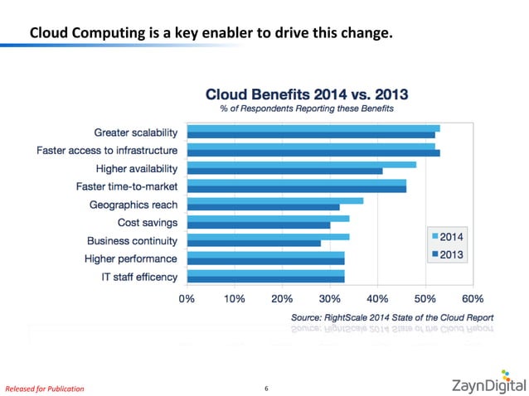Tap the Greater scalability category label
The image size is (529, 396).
tap(135, 132)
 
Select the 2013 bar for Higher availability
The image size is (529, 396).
tap(284, 171)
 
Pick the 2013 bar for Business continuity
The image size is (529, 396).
tap(254, 244)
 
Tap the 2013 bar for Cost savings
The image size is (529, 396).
tap(259, 225)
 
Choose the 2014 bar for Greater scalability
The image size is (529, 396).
tap(313, 128)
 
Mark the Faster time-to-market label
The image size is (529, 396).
tap(127, 186)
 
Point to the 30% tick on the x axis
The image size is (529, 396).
tap(330, 298)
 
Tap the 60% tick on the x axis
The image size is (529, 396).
tap(473, 298)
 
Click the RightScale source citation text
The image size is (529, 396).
tap(392, 317)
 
